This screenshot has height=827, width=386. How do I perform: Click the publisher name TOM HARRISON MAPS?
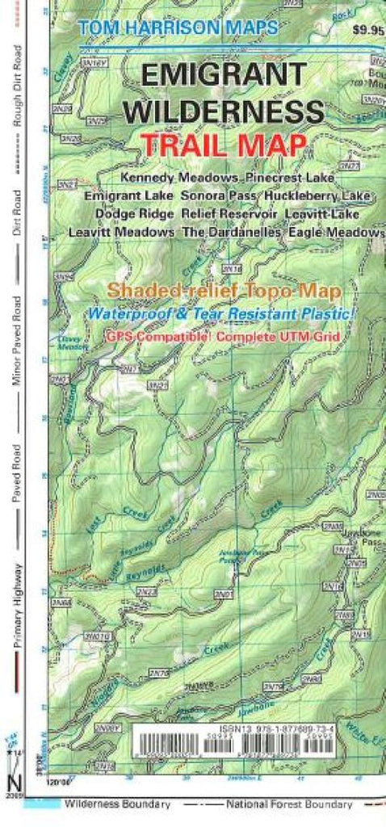[178, 27]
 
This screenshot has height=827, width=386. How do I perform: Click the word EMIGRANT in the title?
[218, 76]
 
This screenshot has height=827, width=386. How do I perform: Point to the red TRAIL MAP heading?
[223, 145]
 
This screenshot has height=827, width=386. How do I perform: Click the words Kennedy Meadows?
[179, 177]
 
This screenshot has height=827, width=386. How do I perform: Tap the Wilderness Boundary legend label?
[118, 804]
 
